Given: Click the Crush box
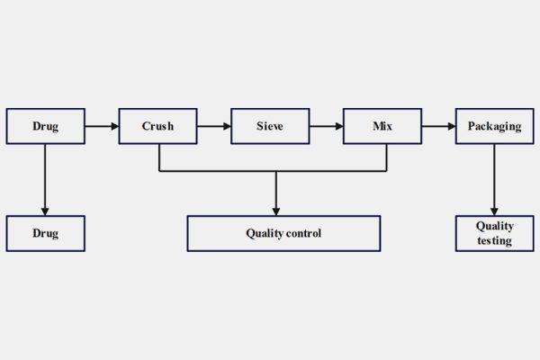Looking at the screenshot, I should tap(157, 126).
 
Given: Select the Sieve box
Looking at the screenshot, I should tap(270, 126).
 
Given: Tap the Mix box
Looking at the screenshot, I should tap(382, 126).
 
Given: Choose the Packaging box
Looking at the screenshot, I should tap(494, 126).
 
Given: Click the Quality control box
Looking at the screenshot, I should tap(283, 233).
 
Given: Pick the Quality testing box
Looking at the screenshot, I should tap(494, 233).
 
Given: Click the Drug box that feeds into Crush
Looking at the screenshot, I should tap(45, 126).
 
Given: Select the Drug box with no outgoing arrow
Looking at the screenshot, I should tap(45, 233).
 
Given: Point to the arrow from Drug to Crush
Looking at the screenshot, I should tap(102, 126).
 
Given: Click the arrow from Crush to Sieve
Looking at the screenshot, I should tap(213, 126).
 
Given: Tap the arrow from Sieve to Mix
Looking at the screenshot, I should tap(326, 126).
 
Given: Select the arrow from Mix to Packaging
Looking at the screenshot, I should tap(438, 126).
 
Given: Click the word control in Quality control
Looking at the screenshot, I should tap(302, 233).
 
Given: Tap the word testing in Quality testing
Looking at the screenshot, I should tap(494, 241).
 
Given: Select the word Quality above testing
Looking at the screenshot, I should tap(494, 227).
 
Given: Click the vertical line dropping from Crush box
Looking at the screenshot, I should tap(159, 157).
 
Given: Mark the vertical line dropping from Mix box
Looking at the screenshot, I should tap(387, 157).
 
